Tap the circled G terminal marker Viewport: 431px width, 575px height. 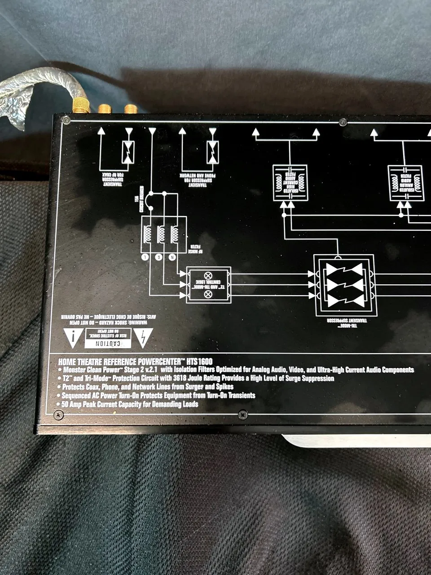(158, 257)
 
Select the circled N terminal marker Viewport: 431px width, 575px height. (172, 257)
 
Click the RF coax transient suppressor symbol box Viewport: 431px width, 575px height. (128, 151)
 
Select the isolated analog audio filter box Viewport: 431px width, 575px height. (405, 182)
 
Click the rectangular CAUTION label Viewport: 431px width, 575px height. (108, 338)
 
